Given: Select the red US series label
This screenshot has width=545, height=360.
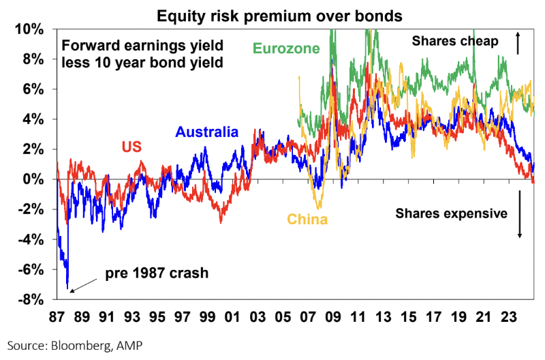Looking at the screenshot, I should pyautogui.click(x=133, y=147).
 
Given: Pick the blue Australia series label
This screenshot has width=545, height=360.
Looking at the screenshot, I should pyautogui.click(x=207, y=132).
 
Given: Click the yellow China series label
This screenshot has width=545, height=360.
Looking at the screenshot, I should pyautogui.click(x=307, y=220).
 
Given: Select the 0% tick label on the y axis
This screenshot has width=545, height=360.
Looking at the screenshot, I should pyautogui.click(x=37, y=179).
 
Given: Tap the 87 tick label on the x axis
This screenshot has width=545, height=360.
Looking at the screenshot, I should pyautogui.click(x=57, y=317).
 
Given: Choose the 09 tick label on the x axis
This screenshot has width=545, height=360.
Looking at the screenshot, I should pyautogui.click(x=334, y=317).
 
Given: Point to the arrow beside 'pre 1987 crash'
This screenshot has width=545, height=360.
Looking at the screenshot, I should pyautogui.click(x=84, y=284).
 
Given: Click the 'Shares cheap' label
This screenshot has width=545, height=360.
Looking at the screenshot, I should pyautogui.click(x=455, y=42).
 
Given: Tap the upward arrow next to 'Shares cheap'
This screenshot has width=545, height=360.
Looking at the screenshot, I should pyautogui.click(x=518, y=44).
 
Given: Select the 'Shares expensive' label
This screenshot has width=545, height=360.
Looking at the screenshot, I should pyautogui.click(x=452, y=213).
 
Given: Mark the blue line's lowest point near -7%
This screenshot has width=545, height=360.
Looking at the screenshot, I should pyautogui.click(x=67, y=288).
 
